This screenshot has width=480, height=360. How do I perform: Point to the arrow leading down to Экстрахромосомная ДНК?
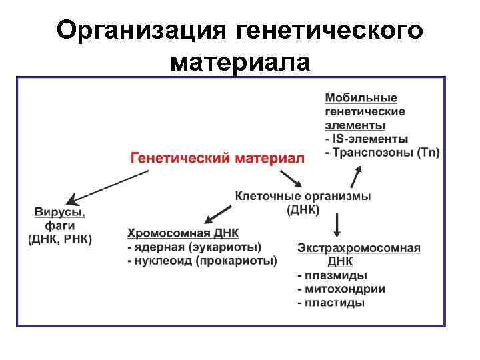pyautogui.click(x=338, y=224)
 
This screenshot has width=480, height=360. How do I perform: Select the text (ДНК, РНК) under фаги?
pyautogui.click(x=60, y=239)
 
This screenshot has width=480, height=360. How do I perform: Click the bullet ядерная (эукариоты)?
pyautogui.click(x=194, y=247)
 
